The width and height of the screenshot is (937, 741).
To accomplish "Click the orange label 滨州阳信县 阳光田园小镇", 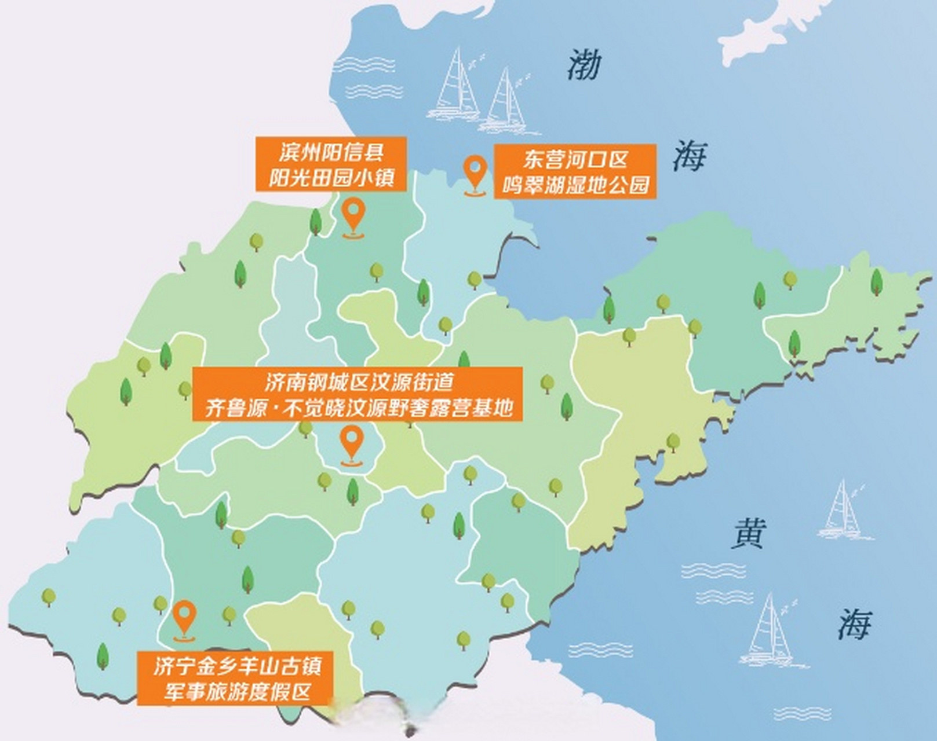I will (x=331, y=164).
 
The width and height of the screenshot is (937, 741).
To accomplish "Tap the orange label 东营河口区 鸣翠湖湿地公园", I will (x=575, y=171).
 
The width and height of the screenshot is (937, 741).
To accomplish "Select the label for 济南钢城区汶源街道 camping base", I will (x=358, y=394).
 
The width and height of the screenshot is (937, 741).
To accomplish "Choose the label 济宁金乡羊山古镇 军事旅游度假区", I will (x=235, y=678).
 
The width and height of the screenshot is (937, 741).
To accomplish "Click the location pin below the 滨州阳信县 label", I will (x=353, y=217).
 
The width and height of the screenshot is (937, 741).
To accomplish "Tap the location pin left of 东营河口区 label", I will (x=475, y=175).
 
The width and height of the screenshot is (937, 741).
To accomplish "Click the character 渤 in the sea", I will (x=583, y=65).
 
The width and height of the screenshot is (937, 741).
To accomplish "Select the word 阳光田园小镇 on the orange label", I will (x=331, y=177).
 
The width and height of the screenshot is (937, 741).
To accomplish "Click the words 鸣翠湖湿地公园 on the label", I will (x=575, y=185).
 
